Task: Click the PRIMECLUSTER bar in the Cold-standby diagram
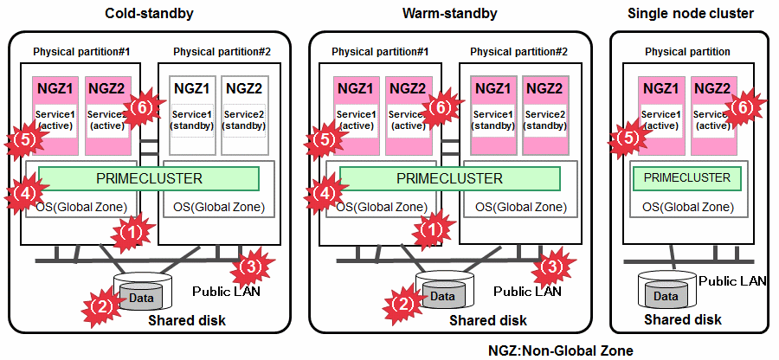(149, 178)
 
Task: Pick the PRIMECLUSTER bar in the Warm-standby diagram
(449, 178)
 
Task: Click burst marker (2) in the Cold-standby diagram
(100, 304)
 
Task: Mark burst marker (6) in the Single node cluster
(742, 108)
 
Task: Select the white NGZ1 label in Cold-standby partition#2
(192, 87)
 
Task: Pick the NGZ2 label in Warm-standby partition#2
(545, 87)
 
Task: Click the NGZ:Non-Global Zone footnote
(560, 350)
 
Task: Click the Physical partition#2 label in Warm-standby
(518, 52)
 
